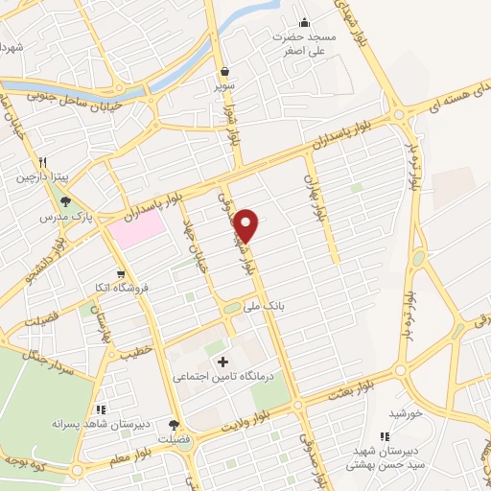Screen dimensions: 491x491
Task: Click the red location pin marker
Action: point(247,224)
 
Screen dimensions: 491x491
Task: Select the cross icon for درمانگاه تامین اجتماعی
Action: point(223,362)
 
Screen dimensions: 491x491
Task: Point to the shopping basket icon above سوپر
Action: point(223,71)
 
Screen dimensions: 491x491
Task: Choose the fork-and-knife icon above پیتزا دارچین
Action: point(43,163)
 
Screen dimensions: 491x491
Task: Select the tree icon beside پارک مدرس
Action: point(65,201)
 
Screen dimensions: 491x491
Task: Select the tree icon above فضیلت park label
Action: point(174,425)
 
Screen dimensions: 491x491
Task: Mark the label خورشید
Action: point(406,412)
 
